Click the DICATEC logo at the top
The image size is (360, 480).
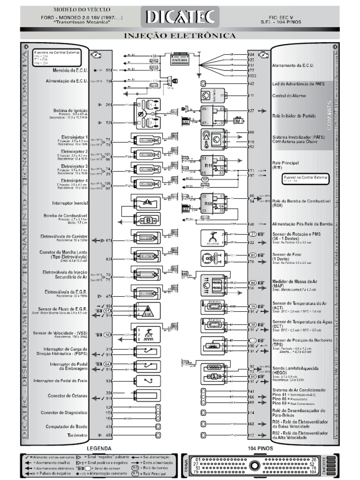181,17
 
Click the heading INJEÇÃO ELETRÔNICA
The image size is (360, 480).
180,36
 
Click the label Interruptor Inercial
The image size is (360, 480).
70,203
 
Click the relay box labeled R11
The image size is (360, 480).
209,165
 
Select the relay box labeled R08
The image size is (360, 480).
209,204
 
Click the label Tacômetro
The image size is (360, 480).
77,435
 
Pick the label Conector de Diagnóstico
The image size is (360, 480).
67,412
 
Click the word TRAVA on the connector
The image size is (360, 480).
187,465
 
